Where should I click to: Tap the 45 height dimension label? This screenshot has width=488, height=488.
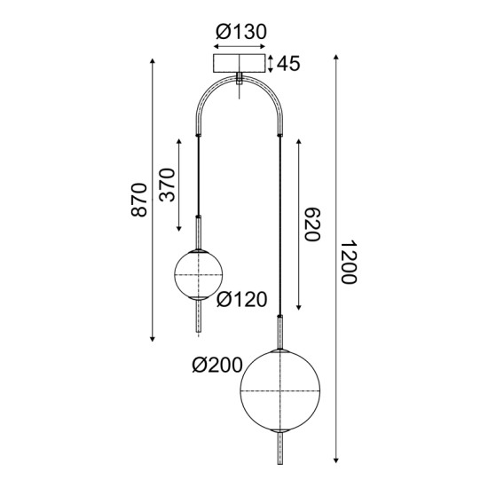pos(288,64)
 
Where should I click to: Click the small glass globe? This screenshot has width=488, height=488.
pos(197,276)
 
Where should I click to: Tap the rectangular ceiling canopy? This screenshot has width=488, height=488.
pos(240,65)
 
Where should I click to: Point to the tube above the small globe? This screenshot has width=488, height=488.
pos(197,232)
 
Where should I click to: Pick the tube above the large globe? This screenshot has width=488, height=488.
pos(281,333)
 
